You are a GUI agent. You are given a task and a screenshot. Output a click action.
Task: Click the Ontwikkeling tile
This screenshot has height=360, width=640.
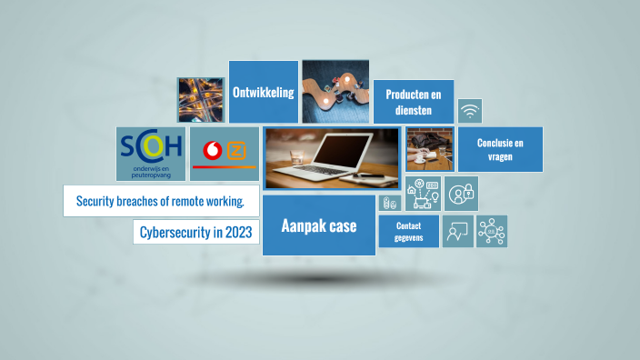[x=264, y=92]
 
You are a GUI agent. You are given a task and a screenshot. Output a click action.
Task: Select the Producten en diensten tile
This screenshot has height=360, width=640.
[x=414, y=102]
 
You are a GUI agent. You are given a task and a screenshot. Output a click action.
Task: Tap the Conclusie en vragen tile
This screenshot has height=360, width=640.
[x=500, y=149]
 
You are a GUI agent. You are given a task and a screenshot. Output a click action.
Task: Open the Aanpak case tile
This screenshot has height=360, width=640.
[x=318, y=225]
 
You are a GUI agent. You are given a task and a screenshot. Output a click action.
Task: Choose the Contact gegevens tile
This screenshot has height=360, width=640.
[x=408, y=231]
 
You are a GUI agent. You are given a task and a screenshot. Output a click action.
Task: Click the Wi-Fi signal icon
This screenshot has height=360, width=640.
[x=470, y=112]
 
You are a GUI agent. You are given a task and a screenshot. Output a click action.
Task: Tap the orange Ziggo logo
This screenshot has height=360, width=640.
[x=236, y=151]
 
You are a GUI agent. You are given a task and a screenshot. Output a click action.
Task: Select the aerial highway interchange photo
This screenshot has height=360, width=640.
[x=201, y=99]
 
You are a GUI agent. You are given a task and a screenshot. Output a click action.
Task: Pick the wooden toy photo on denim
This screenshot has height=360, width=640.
[x=335, y=92]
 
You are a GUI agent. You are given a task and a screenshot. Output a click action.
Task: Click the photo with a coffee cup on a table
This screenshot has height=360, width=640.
[x=429, y=150]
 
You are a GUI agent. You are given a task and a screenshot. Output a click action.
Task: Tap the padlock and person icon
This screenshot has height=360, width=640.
[x=462, y=194]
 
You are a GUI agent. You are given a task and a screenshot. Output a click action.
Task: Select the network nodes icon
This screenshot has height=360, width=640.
[x=492, y=231]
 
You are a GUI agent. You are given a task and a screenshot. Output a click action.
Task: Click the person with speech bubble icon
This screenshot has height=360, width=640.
[x=457, y=232]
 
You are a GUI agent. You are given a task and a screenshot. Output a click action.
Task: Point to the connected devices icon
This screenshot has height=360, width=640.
[x=423, y=194]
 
